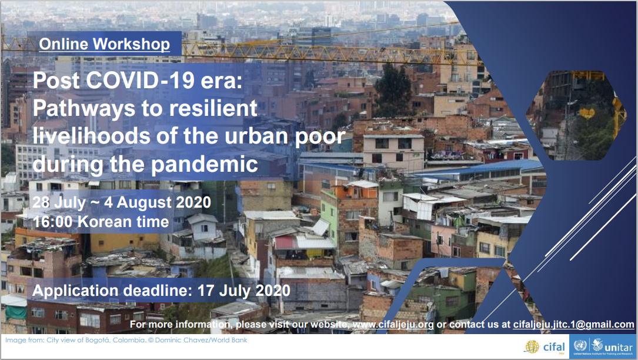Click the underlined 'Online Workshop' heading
click(105, 44)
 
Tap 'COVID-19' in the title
click(141, 80)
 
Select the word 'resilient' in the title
click(213, 108)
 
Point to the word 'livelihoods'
click(92, 136)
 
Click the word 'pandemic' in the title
click(205, 165)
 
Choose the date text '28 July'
click(59, 202)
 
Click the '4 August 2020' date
click(158, 202)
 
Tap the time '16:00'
click(52, 222)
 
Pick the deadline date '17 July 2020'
click(244, 291)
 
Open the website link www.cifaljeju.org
click(393, 325)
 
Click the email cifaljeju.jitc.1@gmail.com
click(574, 325)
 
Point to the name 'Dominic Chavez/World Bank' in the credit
click(201, 340)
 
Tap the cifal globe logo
click(532, 347)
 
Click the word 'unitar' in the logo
click(619, 348)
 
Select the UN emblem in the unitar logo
click(580, 346)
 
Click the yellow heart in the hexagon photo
click(587, 112)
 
